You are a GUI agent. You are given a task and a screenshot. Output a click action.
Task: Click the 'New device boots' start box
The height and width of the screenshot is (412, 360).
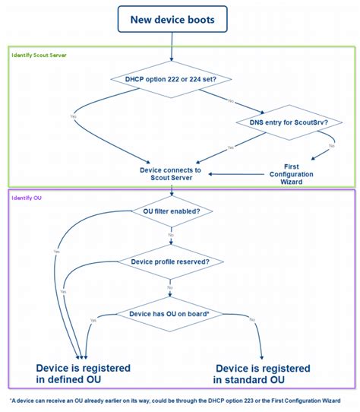pyautogui.click(x=172, y=19)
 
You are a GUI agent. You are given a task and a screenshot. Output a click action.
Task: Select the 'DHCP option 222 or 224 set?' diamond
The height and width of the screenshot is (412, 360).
pyautogui.click(x=172, y=78)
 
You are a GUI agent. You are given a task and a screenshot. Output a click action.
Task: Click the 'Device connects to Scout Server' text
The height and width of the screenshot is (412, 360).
pyautogui.click(x=171, y=175)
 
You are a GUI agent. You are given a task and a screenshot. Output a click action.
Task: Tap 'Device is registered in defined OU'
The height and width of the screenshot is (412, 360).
pyautogui.click(x=84, y=373)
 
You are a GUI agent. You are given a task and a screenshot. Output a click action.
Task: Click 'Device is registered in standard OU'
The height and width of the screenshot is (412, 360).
pyautogui.click(x=263, y=373)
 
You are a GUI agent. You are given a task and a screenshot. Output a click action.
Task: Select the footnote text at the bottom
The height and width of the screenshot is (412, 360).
pyautogui.click(x=175, y=401)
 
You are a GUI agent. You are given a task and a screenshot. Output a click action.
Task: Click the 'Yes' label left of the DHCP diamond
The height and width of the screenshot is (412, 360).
pyautogui.click(x=73, y=116)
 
